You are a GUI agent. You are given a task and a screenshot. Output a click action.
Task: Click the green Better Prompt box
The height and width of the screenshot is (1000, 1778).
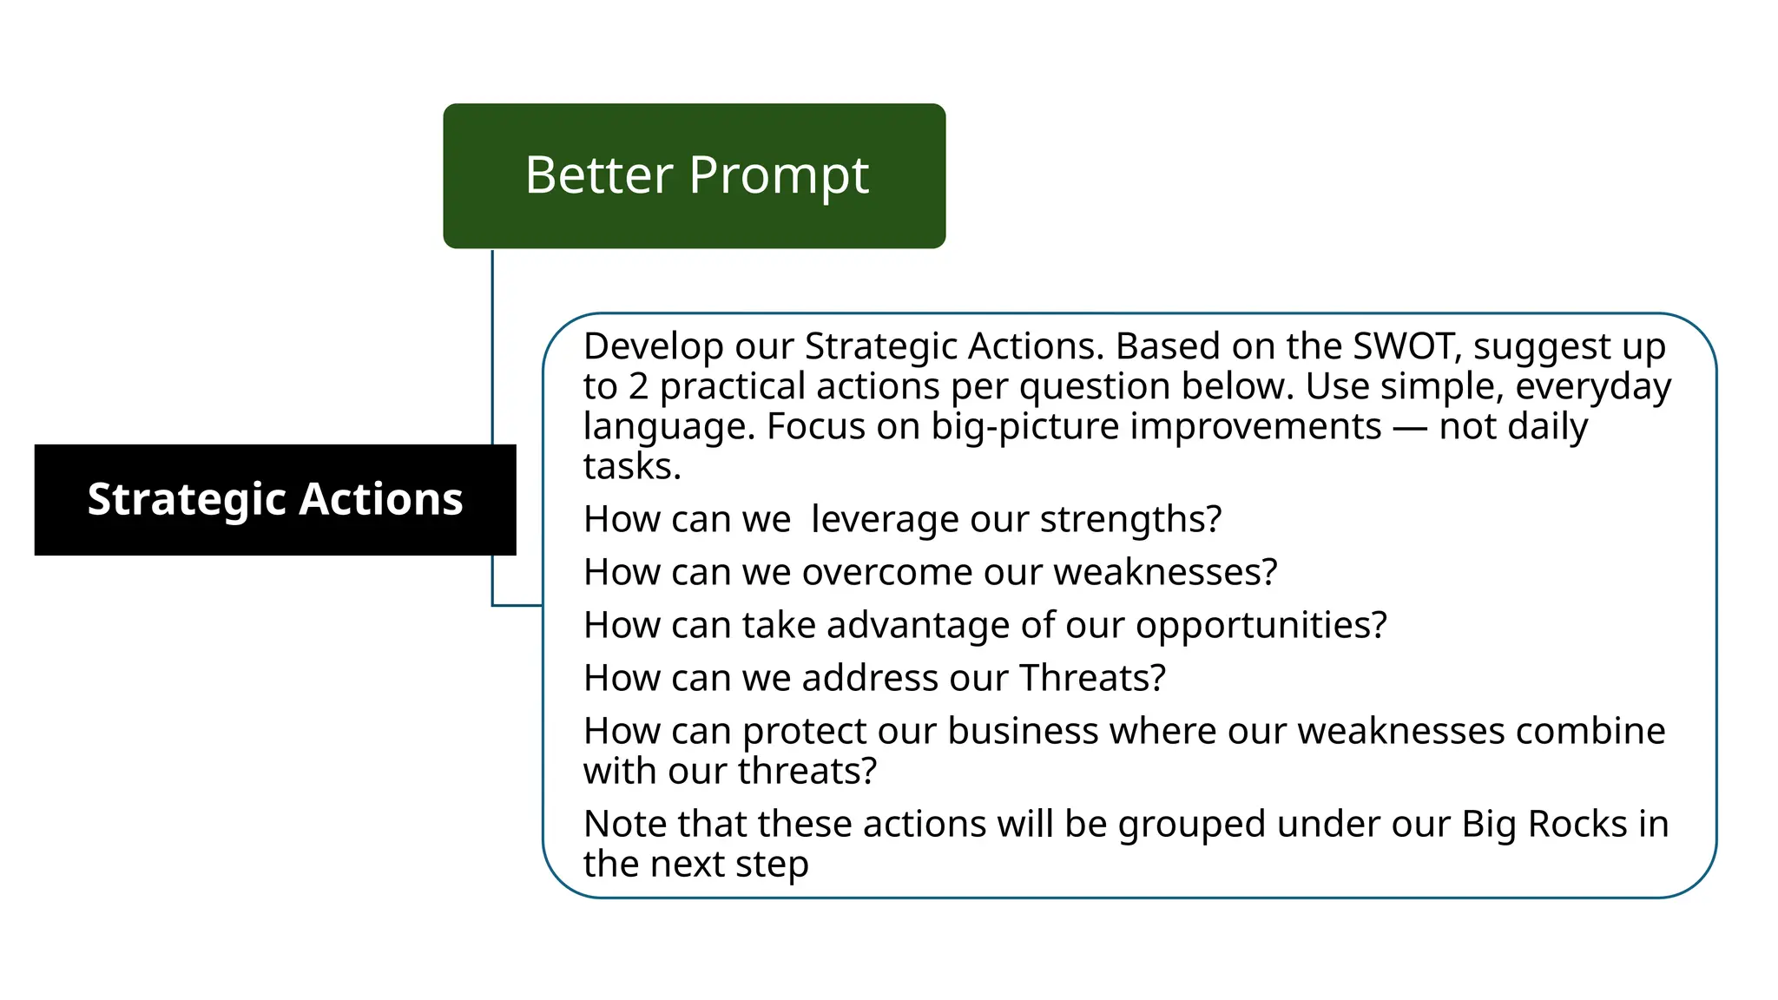click(x=694, y=175)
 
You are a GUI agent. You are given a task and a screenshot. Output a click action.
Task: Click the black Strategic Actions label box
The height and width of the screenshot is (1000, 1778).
click(x=274, y=499)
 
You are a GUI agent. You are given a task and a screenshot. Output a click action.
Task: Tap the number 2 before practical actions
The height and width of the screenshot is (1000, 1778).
click(x=638, y=386)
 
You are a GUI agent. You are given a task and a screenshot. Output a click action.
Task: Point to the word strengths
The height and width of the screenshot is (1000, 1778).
click(x=1130, y=519)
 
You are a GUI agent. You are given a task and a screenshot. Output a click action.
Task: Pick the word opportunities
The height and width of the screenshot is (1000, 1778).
click(x=1261, y=626)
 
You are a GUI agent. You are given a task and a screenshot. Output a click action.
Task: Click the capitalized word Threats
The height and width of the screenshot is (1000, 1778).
click(x=1091, y=678)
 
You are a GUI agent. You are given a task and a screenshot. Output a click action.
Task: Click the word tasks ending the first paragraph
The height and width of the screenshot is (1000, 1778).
click(x=631, y=467)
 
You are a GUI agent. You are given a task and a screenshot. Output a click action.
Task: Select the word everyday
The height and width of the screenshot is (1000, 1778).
click(x=1592, y=387)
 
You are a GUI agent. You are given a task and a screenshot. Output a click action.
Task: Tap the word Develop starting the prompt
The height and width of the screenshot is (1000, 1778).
click(x=653, y=347)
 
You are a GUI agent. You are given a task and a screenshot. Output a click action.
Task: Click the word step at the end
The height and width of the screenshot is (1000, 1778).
click(x=772, y=865)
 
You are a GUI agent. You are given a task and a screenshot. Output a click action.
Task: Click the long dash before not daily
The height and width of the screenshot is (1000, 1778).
click(x=1410, y=427)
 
